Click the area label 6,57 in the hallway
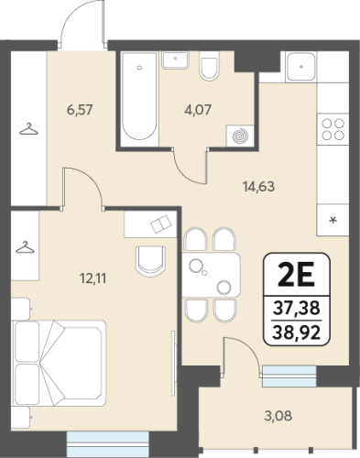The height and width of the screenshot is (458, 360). tap(80, 110)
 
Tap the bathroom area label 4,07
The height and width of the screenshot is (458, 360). tap(198, 110)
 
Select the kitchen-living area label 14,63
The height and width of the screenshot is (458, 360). tap(258, 186)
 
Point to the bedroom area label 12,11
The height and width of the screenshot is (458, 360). tap(93, 278)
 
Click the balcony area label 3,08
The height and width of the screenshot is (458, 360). tap(278, 416)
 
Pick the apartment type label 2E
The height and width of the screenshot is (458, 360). tap(296, 275)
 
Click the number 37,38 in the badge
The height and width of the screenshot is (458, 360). tap(297, 308)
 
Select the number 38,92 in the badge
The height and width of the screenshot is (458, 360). tap(297, 333)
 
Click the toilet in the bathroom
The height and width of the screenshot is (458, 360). tap(210, 66)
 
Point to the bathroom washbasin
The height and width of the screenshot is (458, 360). tap(175, 60)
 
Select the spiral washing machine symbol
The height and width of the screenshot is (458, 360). tap(240, 136)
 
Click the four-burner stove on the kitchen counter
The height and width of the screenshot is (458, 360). tap(333, 129)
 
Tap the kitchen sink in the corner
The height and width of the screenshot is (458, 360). tap(301, 67)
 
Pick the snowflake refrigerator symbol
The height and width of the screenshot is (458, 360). tap(333, 220)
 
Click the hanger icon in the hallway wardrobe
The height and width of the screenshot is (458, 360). tap(28, 129)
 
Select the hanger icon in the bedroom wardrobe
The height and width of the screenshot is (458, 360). tap(25, 247)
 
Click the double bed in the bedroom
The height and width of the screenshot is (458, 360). tap(59, 363)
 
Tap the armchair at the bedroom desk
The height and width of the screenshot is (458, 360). tap(150, 261)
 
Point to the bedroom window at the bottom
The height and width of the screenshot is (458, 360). tap(107, 444)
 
